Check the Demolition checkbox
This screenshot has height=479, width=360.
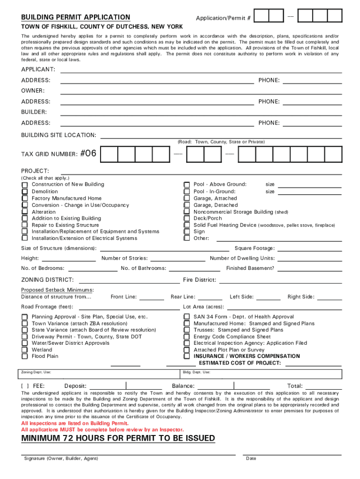24,192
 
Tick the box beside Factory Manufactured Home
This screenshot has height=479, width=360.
24,198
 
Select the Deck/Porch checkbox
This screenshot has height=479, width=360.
187,218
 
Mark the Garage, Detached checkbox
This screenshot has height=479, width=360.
187,205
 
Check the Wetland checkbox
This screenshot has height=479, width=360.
24,349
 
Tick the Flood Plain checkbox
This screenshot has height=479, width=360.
24,356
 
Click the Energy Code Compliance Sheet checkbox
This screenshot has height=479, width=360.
187,336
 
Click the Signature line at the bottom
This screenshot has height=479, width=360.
128,454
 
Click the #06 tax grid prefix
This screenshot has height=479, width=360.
88,153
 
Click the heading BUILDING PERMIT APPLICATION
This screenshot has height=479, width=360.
76,17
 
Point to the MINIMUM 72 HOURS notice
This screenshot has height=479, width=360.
118,438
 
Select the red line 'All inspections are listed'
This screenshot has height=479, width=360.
75,423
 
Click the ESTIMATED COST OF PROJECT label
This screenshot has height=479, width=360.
240,363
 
